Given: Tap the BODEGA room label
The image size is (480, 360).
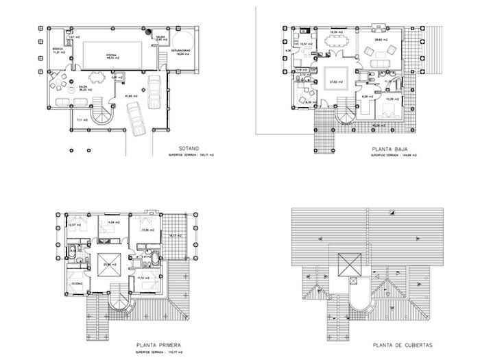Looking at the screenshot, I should point(58,49).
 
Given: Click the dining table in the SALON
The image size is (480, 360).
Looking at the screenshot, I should point(59,87).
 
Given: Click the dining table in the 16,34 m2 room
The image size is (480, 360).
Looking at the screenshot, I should point(335,43).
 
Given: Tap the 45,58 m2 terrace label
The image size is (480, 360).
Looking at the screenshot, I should point(377,126).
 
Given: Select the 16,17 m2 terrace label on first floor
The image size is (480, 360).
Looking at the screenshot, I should point(175,237).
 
